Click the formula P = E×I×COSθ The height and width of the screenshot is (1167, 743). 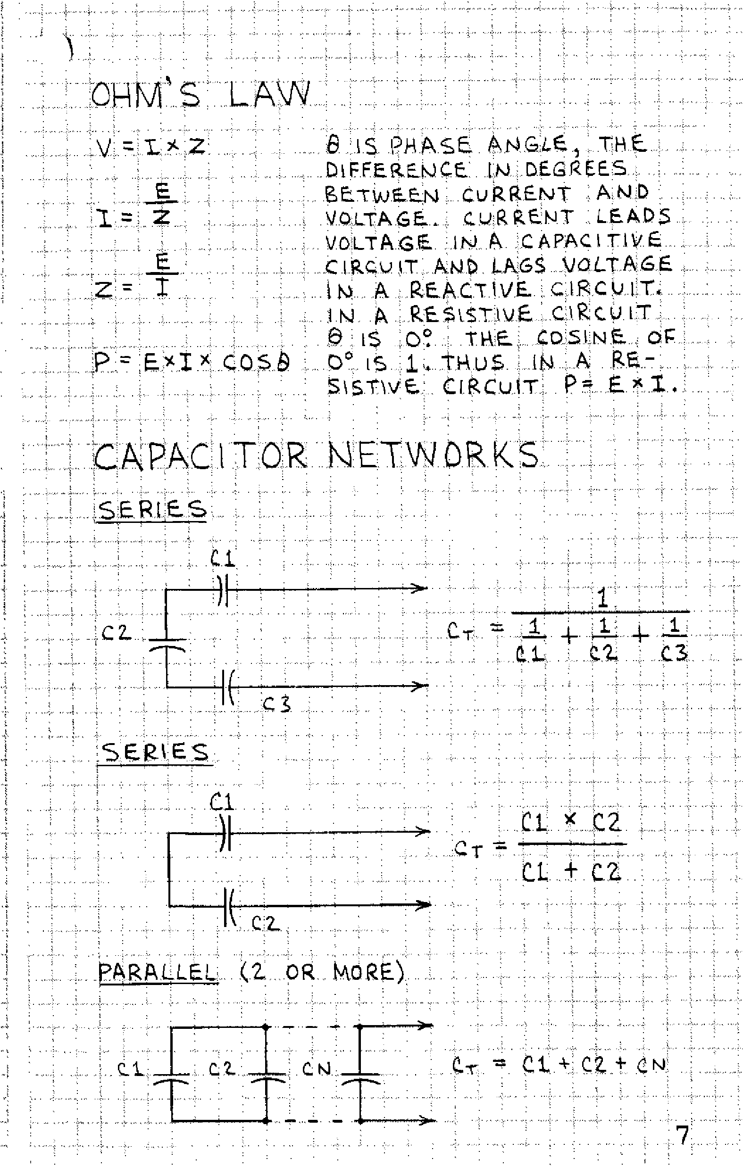click(x=192, y=362)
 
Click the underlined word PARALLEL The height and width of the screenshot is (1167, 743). click(x=157, y=972)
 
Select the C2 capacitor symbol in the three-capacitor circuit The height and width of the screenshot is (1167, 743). click(x=167, y=645)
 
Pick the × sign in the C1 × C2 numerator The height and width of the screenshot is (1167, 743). click(x=571, y=819)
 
